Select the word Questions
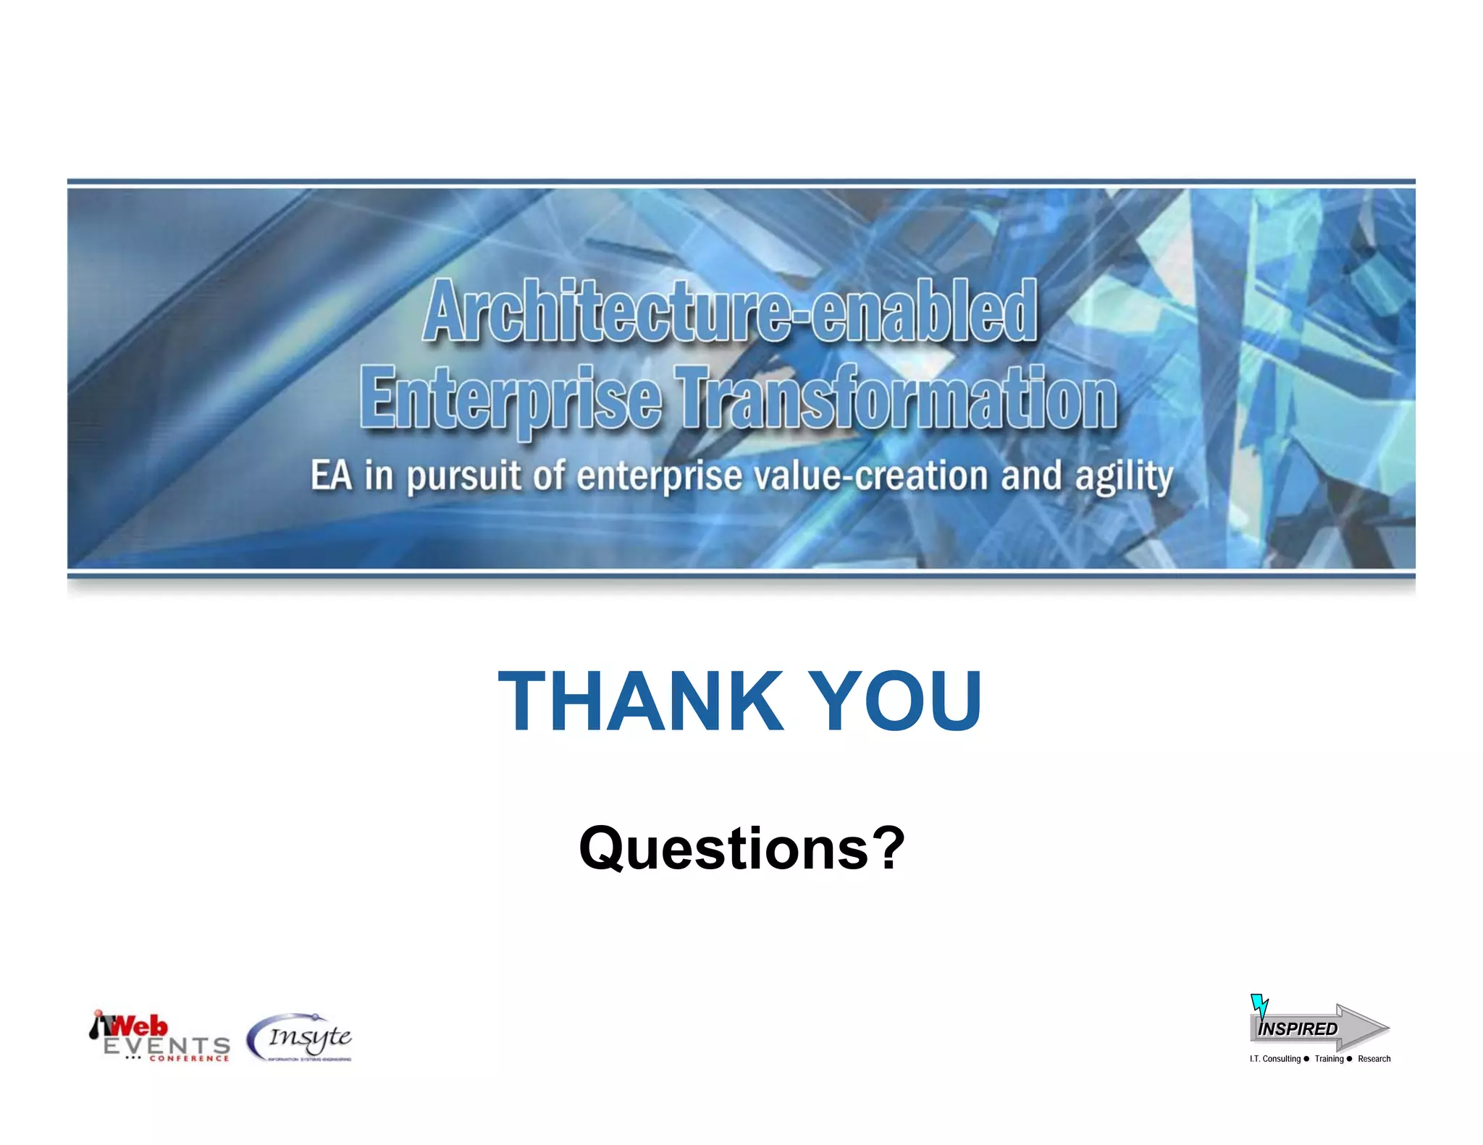(x=724, y=848)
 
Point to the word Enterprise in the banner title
(x=511, y=398)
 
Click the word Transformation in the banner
(x=896, y=397)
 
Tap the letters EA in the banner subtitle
(x=331, y=476)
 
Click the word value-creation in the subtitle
(x=871, y=476)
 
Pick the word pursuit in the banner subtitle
(x=463, y=477)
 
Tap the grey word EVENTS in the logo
(x=167, y=1045)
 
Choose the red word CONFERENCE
(x=189, y=1059)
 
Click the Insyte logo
(x=300, y=1038)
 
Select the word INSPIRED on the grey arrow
(x=1298, y=1028)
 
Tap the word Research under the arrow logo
(x=1374, y=1059)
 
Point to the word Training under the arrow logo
(x=1329, y=1059)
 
